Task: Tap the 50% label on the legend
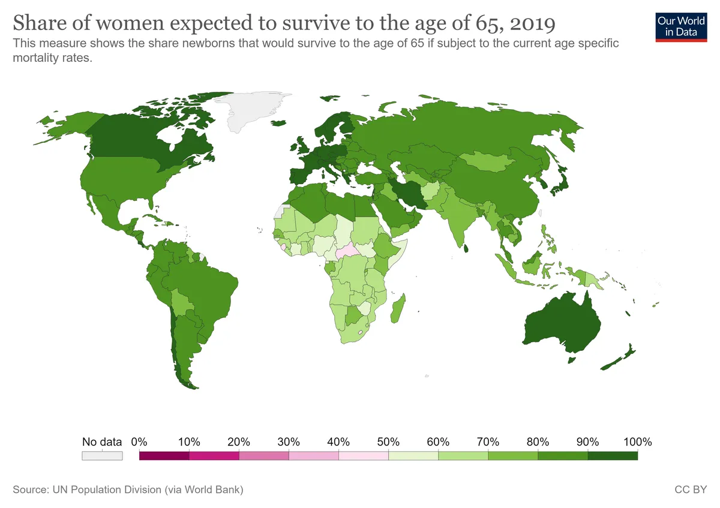(389, 442)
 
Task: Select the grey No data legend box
(102, 456)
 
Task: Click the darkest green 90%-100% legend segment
(613, 456)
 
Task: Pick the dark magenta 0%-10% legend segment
(164, 456)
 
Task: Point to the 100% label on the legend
(637, 442)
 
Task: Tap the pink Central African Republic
(347, 252)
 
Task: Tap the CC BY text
(691, 490)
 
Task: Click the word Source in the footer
(31, 490)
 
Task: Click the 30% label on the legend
(289, 442)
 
